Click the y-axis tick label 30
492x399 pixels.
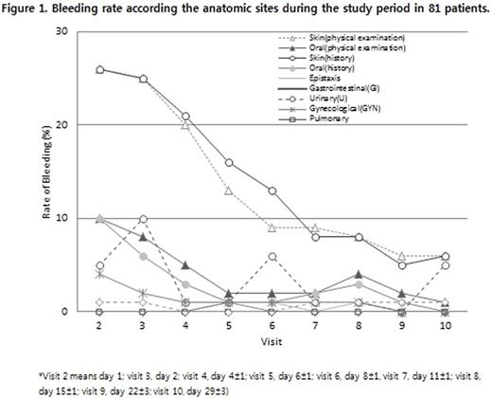[62, 31]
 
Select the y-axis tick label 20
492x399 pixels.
[62, 124]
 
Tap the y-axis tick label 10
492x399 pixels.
[62, 218]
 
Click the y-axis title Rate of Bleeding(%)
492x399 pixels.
[44, 172]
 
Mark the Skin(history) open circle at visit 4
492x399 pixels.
[185, 117]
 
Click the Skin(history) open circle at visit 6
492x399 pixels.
[272, 190]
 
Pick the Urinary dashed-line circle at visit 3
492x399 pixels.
[142, 219]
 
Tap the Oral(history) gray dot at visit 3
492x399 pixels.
[142, 256]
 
